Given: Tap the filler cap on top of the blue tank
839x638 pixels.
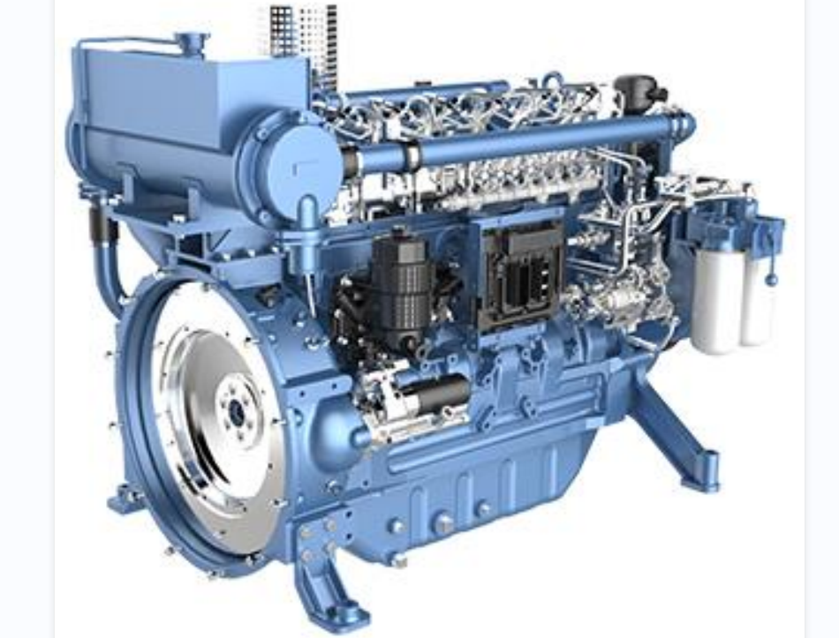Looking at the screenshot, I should [x=190, y=41].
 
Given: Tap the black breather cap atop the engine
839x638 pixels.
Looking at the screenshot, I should [x=637, y=88].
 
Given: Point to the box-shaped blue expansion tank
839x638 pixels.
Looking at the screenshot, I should [x=190, y=106].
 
